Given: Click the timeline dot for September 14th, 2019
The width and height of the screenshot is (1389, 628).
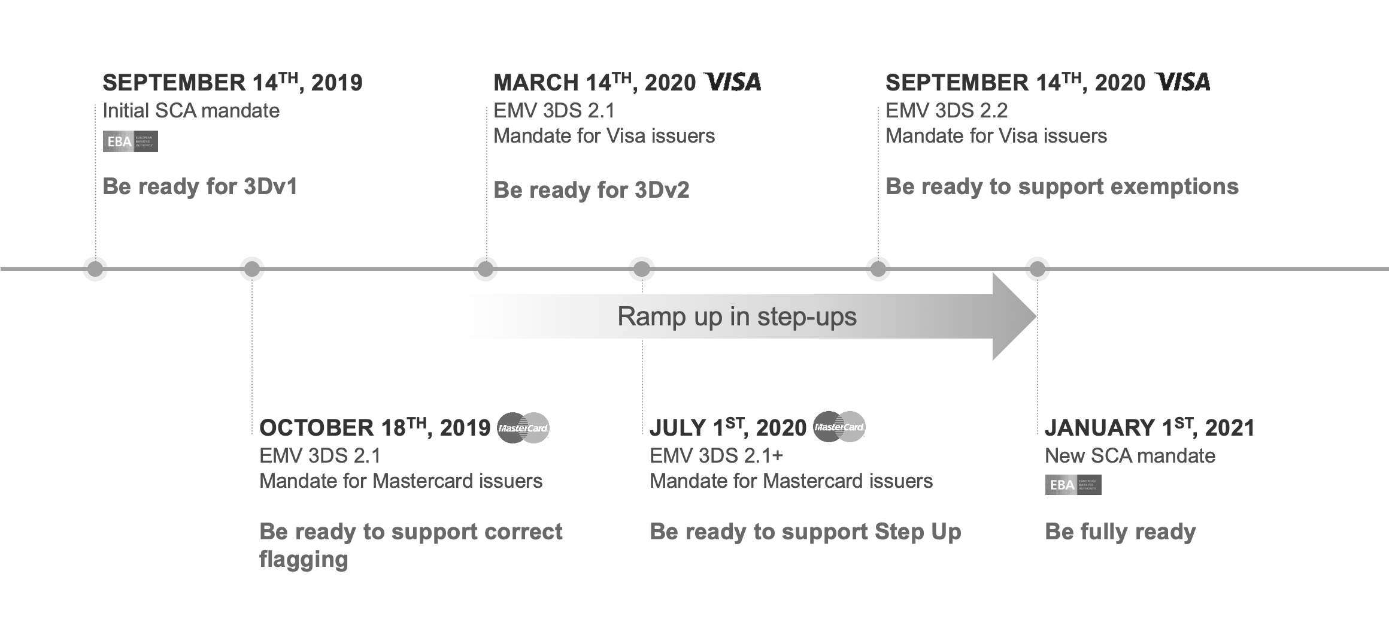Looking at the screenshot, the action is click(95, 268).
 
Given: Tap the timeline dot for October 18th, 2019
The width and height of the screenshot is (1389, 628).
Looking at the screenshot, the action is click(252, 268).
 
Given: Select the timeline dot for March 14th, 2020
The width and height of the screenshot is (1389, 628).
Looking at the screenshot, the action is click(486, 268).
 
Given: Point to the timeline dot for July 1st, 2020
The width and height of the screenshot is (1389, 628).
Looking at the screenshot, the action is click(642, 268).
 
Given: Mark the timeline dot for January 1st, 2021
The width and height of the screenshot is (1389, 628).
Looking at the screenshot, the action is click(1038, 268).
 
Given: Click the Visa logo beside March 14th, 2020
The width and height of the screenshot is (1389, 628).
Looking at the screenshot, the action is click(733, 82).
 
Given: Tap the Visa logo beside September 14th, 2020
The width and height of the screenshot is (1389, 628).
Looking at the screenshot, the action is click(1182, 82).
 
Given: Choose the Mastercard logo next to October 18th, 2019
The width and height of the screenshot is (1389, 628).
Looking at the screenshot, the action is click(523, 428).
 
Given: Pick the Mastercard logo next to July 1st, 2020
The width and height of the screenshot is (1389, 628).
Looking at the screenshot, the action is click(839, 427).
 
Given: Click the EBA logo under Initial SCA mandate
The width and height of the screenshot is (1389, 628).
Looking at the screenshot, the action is click(131, 141).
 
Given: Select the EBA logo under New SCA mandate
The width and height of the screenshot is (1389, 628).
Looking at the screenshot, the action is click(1073, 485).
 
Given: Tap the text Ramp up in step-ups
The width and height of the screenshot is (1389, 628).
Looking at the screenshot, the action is click(737, 316).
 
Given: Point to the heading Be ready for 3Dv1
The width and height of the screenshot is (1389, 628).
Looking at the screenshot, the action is click(200, 186).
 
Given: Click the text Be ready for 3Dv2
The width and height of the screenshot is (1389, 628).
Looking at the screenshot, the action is click(592, 190).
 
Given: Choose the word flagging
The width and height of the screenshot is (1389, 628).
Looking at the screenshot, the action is click(304, 560).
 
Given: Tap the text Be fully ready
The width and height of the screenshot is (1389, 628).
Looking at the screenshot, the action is click(1120, 532).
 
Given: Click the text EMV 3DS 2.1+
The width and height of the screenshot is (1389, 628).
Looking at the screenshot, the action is click(716, 456).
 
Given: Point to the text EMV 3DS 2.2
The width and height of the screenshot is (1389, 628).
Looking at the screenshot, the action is click(947, 110).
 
